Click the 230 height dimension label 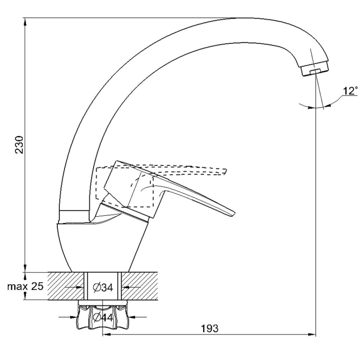[19, 144]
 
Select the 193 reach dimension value [210, 329]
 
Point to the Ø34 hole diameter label [103, 288]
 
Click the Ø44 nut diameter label [103, 318]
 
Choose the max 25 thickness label [25, 287]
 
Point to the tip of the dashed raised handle [226, 172]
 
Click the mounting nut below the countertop [103, 315]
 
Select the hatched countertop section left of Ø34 [66, 286]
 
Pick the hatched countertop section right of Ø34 [140, 286]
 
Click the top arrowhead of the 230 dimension [25, 22]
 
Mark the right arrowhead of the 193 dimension [312, 335]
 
